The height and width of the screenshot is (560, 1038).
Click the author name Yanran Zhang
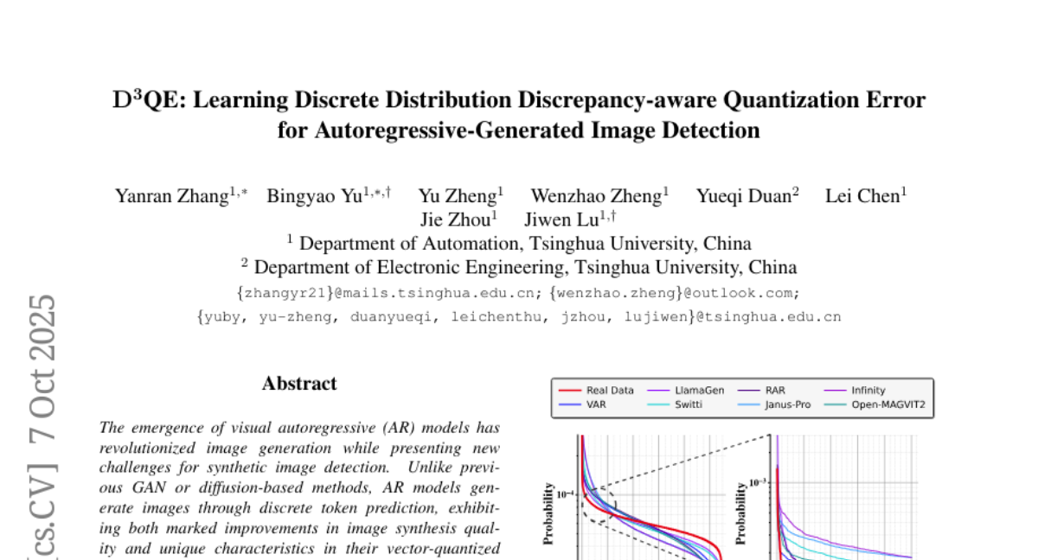pos(171,196)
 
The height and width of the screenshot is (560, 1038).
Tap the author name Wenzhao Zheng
pos(594,196)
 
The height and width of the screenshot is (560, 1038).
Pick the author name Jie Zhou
pos(453,220)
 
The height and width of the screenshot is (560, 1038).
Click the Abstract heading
pos(299,383)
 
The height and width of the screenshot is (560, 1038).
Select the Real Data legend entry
pos(609,391)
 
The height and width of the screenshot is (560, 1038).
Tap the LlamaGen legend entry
pos(699,391)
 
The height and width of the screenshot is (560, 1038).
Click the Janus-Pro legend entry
pos(787,404)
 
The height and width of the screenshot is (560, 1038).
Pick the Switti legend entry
pos(689,404)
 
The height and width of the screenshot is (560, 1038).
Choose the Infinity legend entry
pos(868,391)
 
